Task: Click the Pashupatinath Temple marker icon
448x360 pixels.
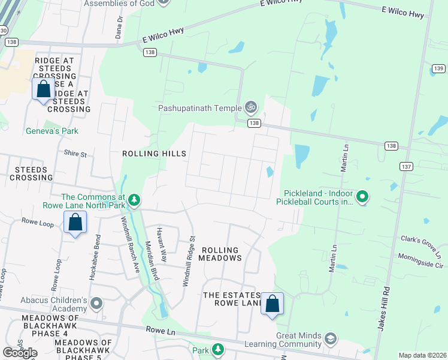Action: pyautogui.click(x=252, y=108)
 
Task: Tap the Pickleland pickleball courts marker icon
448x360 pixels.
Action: pyautogui.click(x=362, y=196)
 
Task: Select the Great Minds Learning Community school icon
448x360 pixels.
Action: pyautogui.click(x=329, y=340)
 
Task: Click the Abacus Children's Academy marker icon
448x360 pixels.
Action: pyautogui.click(x=96, y=304)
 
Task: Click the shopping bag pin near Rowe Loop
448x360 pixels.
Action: pyautogui.click(x=75, y=223)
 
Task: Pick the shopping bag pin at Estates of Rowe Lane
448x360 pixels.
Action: pyautogui.click(x=272, y=304)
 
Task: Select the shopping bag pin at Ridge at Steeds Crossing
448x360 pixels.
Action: pyautogui.click(x=43, y=90)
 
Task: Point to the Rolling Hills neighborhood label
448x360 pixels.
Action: pyautogui.click(x=154, y=154)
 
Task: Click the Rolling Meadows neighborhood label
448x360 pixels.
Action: pyautogui.click(x=220, y=254)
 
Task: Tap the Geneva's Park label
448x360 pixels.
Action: pyautogui.click(x=52, y=131)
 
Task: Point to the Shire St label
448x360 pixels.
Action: pyautogui.click(x=75, y=154)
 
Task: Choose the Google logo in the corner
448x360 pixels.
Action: pyautogui.click(x=20, y=352)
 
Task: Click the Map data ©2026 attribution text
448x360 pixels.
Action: pyautogui.click(x=422, y=355)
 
